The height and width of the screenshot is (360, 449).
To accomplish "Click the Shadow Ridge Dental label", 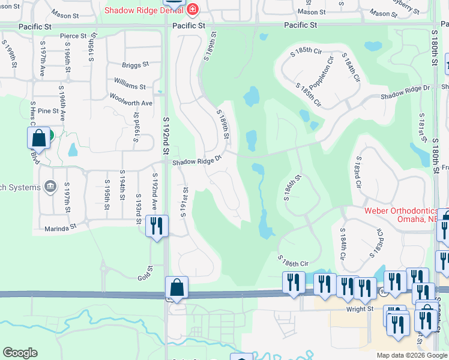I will [x=145, y=10].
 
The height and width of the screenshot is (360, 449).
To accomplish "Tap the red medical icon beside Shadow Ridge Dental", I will [x=192, y=10].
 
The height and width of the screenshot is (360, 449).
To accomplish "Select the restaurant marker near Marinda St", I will [x=157, y=227].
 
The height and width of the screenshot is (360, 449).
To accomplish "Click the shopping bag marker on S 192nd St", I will [x=177, y=289].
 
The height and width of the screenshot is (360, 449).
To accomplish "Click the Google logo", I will [x=20, y=353].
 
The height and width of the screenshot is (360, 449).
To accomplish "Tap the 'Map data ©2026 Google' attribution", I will [x=411, y=355].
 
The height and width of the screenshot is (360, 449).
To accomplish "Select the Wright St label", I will [x=360, y=309].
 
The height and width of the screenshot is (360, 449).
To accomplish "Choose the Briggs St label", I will [x=135, y=65].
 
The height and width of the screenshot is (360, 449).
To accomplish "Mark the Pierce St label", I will [x=73, y=36].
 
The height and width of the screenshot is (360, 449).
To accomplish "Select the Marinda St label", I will [x=62, y=227].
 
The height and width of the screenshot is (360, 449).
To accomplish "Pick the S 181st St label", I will [x=422, y=125].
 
